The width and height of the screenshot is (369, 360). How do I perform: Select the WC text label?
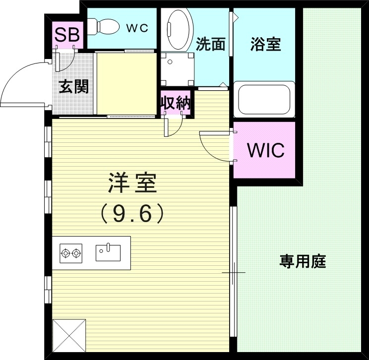pyautogui.click(x=136, y=28)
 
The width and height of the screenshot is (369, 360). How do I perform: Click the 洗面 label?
pyautogui.click(x=211, y=45)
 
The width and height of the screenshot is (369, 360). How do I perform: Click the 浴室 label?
pyautogui.click(x=265, y=45)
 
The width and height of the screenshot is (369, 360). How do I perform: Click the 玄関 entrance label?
pyautogui.click(x=74, y=87)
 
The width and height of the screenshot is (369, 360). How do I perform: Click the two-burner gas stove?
pyautogui.click(x=70, y=253)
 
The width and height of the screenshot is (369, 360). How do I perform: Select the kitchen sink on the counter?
pyautogui.click(x=108, y=252)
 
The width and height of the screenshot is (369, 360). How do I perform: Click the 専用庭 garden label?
pyautogui.click(x=303, y=261)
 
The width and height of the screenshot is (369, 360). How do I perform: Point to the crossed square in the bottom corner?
pyautogui.click(x=69, y=335)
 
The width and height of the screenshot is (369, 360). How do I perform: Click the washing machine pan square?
pyautogui.click(x=176, y=68)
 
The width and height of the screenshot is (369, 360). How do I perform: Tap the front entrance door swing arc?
pyautogui.click(x=22, y=79)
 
